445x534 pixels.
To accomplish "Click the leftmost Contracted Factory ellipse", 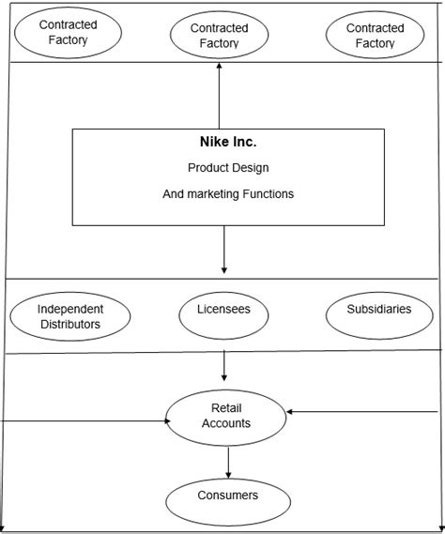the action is click(x=69, y=33).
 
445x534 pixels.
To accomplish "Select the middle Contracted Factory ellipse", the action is click(x=219, y=35).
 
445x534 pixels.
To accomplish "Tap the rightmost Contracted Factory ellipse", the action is click(x=376, y=35).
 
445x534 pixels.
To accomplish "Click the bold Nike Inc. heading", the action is click(x=228, y=142).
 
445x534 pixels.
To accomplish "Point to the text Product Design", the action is click(x=228, y=168).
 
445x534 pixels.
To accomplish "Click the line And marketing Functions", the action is click(x=228, y=193).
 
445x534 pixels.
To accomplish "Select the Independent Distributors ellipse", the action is click(x=70, y=316).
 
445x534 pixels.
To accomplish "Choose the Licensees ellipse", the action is click(x=223, y=315).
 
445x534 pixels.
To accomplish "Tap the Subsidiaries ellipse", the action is click(x=379, y=315).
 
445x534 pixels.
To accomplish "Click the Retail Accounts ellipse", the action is click(x=226, y=418).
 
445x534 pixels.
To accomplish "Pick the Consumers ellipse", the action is click(x=228, y=502).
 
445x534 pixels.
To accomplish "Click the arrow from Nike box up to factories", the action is click(x=219, y=96).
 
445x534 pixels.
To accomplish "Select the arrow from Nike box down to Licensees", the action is click(x=223, y=250).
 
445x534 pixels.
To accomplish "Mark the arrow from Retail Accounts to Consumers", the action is click(x=228, y=463).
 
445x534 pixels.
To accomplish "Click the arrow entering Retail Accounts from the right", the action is click(x=361, y=412).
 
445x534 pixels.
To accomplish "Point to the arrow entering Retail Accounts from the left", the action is click(x=85, y=421).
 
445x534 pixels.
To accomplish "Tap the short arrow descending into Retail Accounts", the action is click(x=223, y=366).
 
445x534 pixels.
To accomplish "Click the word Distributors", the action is click(x=70, y=324).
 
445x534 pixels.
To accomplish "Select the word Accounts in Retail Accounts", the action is click(x=226, y=423).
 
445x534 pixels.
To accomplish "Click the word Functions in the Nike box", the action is click(x=269, y=193).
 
